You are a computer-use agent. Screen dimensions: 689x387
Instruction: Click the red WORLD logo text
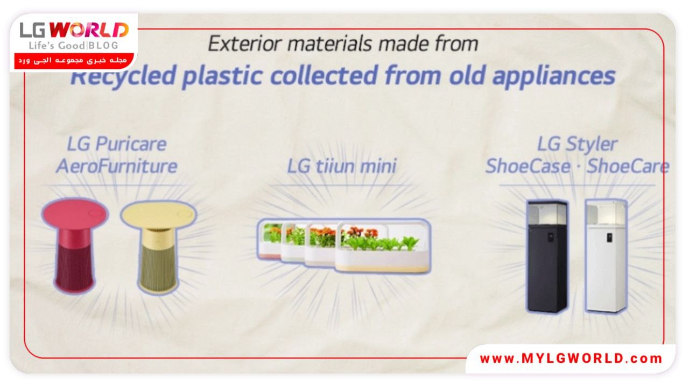[89, 30]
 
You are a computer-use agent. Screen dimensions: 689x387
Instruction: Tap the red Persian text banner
[74, 61]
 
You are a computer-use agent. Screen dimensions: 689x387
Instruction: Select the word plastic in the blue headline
[222, 76]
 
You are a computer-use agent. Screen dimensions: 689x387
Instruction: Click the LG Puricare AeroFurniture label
[117, 155]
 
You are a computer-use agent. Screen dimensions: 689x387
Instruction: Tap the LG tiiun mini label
[342, 166]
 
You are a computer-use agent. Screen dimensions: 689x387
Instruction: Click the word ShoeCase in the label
[528, 167]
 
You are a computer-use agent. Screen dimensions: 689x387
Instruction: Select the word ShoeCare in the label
[628, 167]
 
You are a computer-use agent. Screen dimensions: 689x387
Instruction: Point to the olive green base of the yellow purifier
[158, 267]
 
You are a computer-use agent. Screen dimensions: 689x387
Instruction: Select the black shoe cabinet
[547, 257]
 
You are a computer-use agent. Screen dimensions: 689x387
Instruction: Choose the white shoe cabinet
[606, 256]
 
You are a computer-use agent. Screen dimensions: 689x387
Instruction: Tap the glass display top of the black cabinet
[547, 213]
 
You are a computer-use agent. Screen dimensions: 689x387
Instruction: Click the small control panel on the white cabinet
[609, 238]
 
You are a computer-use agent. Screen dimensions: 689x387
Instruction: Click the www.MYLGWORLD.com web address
[571, 359]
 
